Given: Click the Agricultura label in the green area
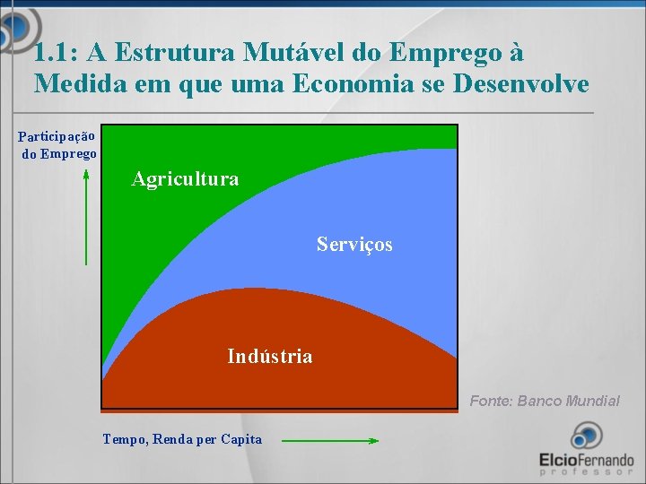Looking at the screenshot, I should click(185, 179).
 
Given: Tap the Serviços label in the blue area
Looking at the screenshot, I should click(354, 244).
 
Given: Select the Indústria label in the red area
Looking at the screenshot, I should click(270, 357).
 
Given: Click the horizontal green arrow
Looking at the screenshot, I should click(329, 440).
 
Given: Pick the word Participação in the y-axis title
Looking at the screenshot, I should click(57, 137).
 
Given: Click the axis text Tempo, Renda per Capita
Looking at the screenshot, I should click(182, 439).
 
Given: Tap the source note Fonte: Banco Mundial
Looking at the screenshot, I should click(545, 401).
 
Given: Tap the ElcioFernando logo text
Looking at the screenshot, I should click(586, 459).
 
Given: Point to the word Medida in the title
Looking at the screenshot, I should click(74, 85).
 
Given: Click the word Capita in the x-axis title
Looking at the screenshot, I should click(241, 439).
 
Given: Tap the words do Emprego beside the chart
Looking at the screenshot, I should click(59, 154).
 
